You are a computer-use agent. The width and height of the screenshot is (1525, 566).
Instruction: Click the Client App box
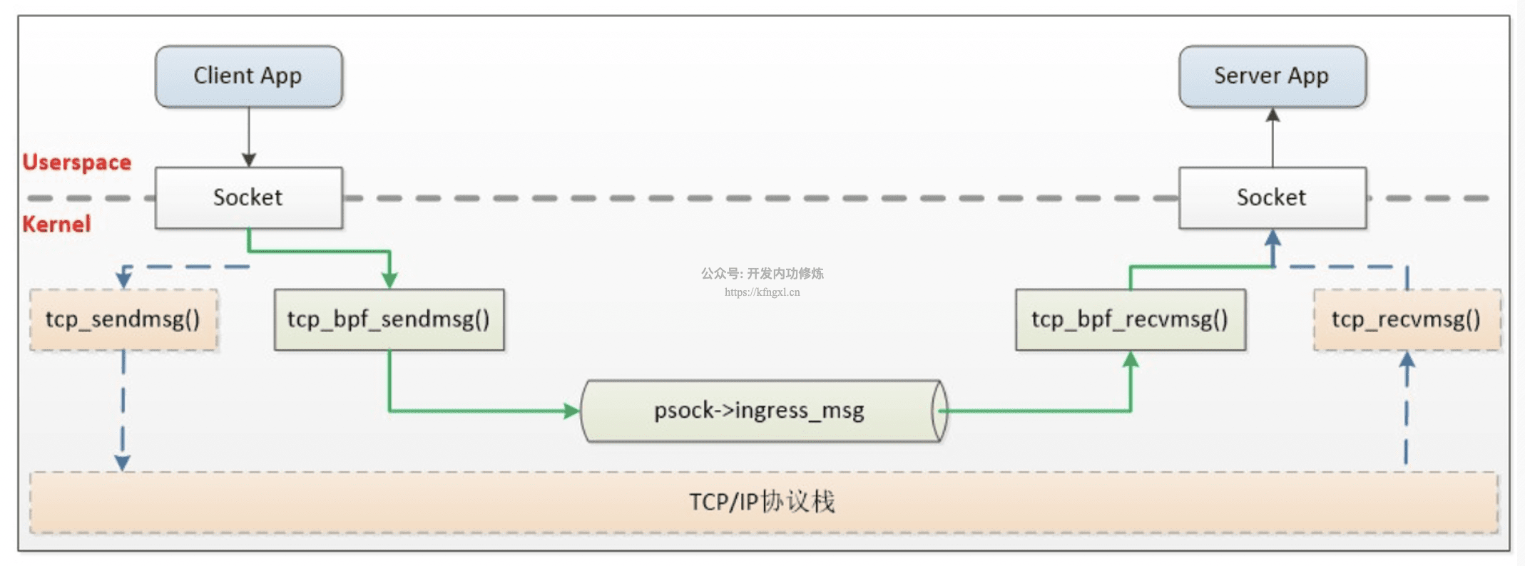pos(248,76)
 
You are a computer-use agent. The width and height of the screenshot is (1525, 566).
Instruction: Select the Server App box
pos(1272,76)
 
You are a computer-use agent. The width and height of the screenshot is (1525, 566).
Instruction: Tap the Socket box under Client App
pos(248,197)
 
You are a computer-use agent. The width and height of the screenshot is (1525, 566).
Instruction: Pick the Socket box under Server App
pos(1272,197)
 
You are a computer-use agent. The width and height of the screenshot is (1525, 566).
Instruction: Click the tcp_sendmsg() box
pos(123,319)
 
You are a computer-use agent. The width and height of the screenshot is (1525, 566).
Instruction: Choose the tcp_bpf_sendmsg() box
pos(389,319)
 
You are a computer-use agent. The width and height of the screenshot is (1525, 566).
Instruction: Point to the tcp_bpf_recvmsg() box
pos(1131,319)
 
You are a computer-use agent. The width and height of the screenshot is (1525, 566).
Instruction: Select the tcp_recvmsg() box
pos(1407,319)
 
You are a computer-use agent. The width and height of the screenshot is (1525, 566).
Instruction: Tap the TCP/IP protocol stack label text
pos(762,502)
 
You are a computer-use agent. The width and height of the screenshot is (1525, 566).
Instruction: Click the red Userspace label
pos(77,163)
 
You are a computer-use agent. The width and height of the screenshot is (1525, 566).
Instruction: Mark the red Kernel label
pos(57,224)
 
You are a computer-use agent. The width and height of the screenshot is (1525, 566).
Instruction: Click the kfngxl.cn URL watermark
pos(762,292)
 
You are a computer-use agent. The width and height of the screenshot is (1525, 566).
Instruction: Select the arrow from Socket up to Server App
pos(1272,138)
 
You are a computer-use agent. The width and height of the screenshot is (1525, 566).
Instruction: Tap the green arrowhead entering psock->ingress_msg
pos(572,411)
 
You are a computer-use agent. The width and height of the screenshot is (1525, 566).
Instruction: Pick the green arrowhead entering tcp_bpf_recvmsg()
pos(1131,359)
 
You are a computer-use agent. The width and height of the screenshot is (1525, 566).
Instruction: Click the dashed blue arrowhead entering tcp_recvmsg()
pos(1407,359)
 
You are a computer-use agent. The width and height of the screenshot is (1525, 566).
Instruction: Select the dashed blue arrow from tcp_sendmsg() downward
pos(123,411)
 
